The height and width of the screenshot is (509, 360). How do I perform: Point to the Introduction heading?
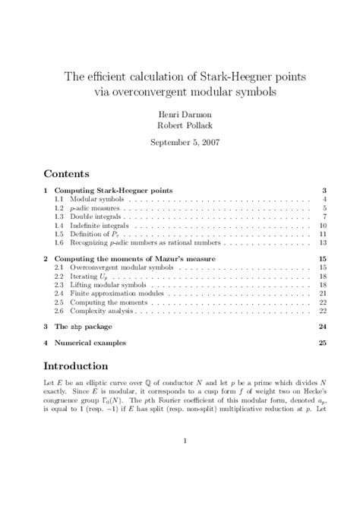[x=82, y=361]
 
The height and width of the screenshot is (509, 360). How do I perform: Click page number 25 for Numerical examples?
[x=323, y=343]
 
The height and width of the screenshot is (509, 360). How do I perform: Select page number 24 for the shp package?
[x=323, y=327]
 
